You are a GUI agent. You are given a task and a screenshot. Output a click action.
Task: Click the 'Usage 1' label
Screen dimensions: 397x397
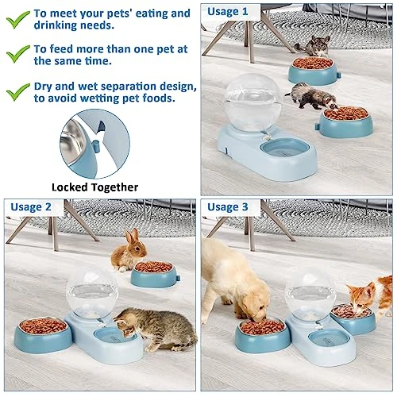pyautogui.click(x=227, y=12)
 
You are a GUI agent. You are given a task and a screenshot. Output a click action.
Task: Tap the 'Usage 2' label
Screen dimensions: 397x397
pyautogui.click(x=31, y=206)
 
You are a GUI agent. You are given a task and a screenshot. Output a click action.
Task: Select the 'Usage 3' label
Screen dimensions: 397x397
pyautogui.click(x=228, y=206)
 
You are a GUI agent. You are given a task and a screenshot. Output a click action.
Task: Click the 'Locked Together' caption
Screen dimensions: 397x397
pyautogui.click(x=94, y=187)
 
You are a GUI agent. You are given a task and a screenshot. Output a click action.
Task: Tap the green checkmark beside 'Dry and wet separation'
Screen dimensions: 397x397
pyautogui.click(x=18, y=91)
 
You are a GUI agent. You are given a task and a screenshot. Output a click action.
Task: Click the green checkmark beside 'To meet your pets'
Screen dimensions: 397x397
pyautogui.click(x=18, y=19)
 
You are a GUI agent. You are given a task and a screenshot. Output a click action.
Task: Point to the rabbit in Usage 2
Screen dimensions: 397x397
pyautogui.click(x=129, y=251)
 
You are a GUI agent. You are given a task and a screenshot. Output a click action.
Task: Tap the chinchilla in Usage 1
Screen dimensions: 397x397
pyautogui.click(x=314, y=46)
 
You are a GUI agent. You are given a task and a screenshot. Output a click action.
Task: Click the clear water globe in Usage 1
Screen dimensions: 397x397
pyautogui.click(x=253, y=102)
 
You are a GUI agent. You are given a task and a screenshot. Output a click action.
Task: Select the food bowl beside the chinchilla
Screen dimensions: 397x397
pyautogui.click(x=313, y=71)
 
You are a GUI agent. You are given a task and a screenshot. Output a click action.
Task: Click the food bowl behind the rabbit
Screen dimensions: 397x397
pyautogui.click(x=153, y=274)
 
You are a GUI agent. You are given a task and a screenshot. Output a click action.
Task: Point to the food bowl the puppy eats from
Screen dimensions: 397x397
pyautogui.click(x=263, y=336)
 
